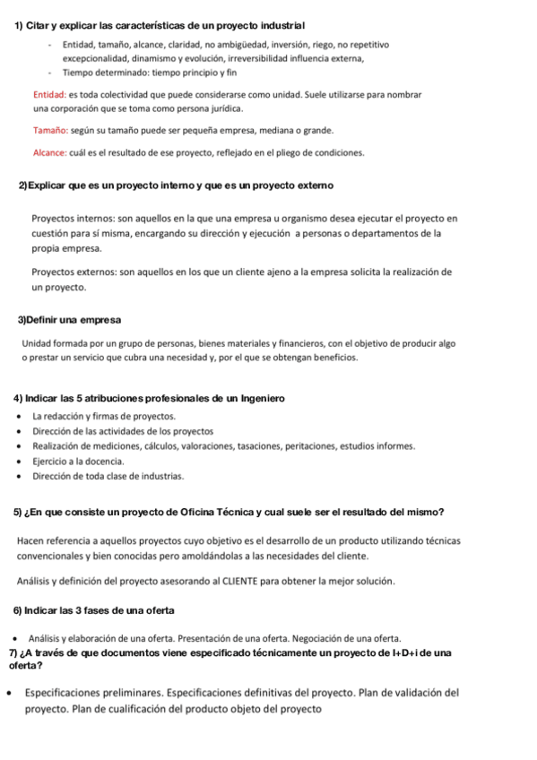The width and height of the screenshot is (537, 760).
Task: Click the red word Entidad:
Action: pos(47,94)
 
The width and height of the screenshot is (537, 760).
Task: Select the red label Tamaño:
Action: pos(49,130)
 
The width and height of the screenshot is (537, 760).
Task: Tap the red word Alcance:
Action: pos(50,153)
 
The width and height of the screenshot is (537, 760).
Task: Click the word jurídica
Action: pos(221,108)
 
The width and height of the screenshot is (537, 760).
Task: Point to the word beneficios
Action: pos(333,357)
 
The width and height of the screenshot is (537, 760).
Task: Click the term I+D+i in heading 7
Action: pos(406,652)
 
